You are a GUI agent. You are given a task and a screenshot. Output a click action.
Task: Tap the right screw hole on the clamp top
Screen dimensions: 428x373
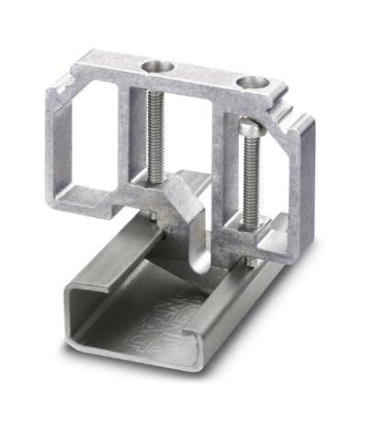(x=250, y=83)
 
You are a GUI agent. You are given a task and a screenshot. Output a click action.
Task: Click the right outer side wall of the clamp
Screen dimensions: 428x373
(x=302, y=184)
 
